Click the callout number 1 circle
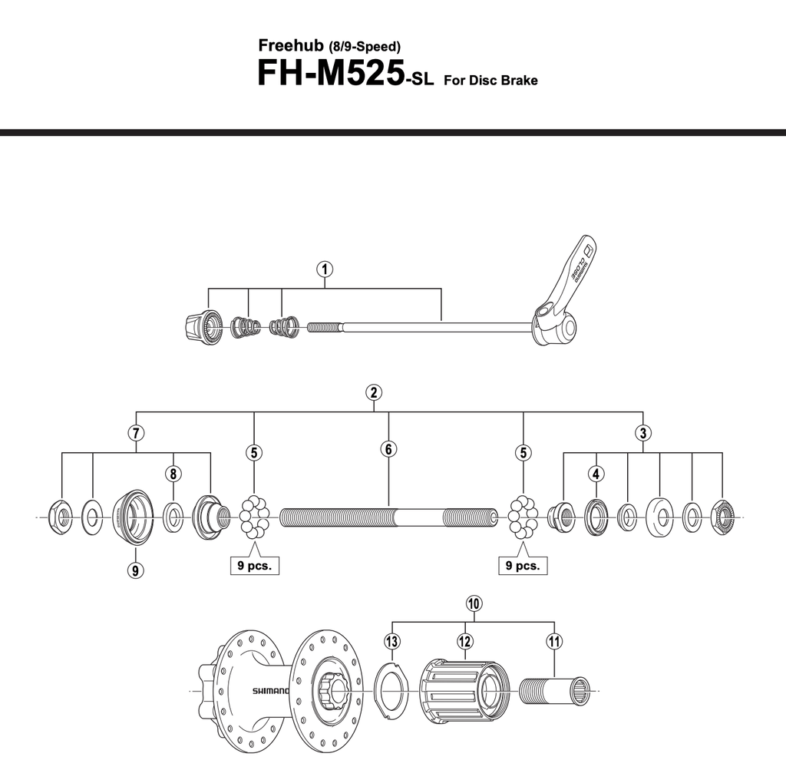pyautogui.click(x=325, y=269)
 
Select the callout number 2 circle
pyautogui.click(x=374, y=392)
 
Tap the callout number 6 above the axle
pyautogui.click(x=389, y=450)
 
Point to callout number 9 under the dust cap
pyautogui.click(x=136, y=570)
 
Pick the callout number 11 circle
pyautogui.click(x=553, y=640)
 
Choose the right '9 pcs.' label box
pyautogui.click(x=523, y=566)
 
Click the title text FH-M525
pyautogui.click(x=330, y=74)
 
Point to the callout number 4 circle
pyautogui.click(x=596, y=473)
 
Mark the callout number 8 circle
pyautogui.click(x=173, y=473)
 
